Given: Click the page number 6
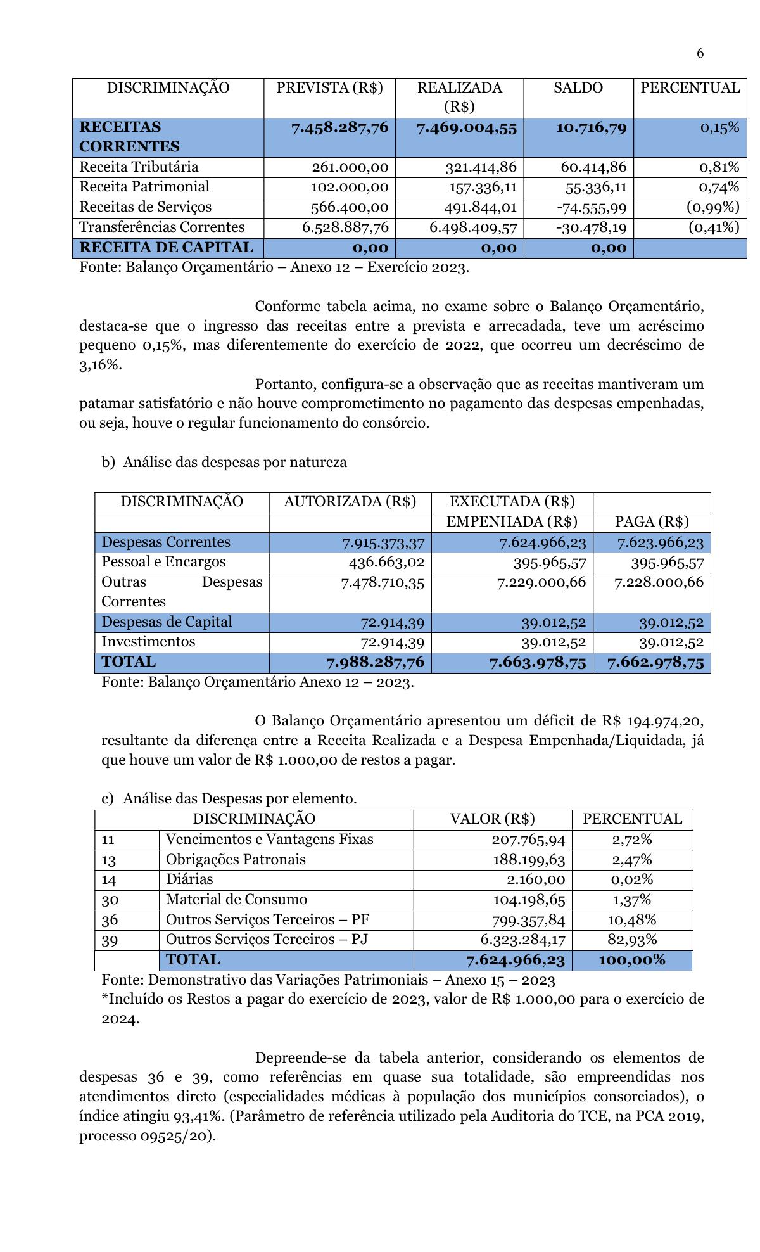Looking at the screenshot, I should (700, 53).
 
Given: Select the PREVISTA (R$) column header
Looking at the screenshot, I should (329, 88).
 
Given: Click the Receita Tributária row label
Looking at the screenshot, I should (139, 167).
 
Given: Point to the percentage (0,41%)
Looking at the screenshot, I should (714, 227).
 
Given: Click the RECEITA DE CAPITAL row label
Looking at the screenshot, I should (166, 248).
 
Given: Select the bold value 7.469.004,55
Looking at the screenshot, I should (467, 128).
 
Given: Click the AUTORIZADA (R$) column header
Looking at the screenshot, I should (350, 502).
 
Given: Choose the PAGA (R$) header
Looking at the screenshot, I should (652, 522).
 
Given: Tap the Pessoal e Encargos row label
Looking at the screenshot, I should (163, 562).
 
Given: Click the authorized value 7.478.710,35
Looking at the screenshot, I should (383, 582).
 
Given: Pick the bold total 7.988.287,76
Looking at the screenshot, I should (375, 663).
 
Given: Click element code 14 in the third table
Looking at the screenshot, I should (109, 880).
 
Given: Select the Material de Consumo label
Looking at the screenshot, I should (236, 900).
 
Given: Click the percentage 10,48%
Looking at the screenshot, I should (631, 920).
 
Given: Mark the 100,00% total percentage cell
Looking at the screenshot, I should (631, 960).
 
